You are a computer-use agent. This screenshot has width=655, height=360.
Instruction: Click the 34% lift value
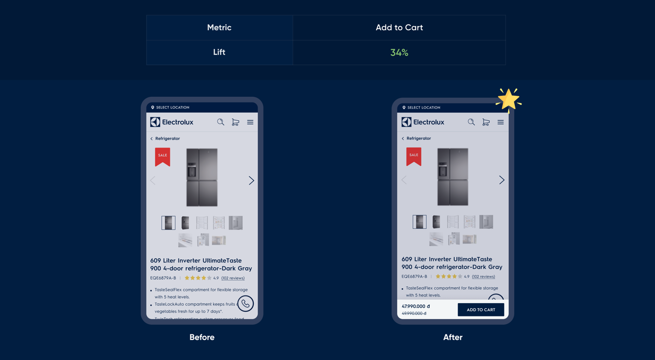[x=399, y=52]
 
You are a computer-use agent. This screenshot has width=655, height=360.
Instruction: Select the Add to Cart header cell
[x=399, y=28]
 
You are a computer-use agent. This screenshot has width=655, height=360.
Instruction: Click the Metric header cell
[x=219, y=28]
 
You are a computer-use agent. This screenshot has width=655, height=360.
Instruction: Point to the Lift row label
[x=219, y=52]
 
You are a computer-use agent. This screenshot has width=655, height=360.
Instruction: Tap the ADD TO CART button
[x=481, y=310]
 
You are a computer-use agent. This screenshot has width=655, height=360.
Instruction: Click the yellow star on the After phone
[x=509, y=99]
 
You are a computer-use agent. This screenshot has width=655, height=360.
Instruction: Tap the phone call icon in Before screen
[x=246, y=304]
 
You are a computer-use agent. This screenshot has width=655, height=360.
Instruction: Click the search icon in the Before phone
[x=221, y=122]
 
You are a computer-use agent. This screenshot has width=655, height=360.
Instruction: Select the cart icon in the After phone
[x=486, y=122]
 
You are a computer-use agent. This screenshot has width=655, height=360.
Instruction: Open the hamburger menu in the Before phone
[x=250, y=122]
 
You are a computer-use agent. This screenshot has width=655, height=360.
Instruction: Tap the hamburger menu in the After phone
[x=500, y=122]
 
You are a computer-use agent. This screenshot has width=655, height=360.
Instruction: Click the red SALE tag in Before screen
[x=162, y=156]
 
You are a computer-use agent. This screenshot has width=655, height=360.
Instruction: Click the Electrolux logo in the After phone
[x=423, y=122]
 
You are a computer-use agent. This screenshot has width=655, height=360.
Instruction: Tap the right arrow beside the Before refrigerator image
[x=251, y=180]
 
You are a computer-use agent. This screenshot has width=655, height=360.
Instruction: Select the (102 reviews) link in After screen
[x=483, y=277]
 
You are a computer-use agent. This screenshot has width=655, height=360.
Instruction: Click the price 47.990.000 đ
[x=416, y=306]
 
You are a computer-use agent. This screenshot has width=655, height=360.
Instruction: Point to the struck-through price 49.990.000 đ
[x=414, y=313]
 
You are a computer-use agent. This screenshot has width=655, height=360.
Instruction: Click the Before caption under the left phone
[x=202, y=337]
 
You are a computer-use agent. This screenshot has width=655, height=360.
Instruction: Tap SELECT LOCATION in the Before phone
[x=172, y=108]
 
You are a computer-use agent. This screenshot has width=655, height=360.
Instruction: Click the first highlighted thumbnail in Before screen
[x=168, y=223]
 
